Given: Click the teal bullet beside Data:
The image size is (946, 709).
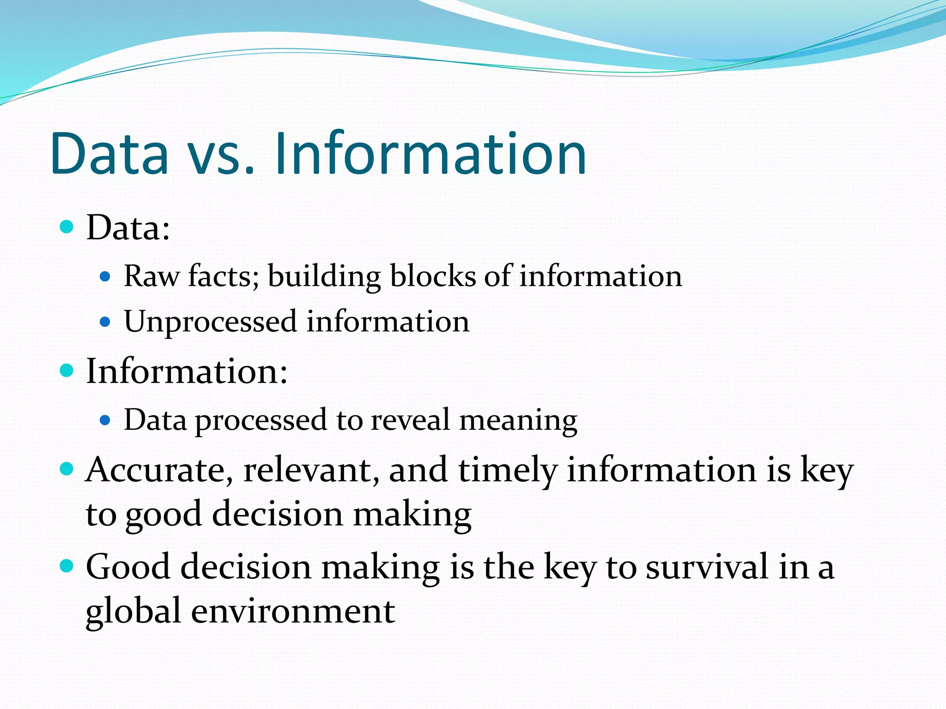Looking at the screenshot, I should pos(67,227).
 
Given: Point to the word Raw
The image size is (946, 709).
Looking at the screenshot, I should pos(152,276).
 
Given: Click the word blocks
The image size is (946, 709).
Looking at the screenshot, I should pos(431,276).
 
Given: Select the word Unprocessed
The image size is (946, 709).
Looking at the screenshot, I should pos(210,322).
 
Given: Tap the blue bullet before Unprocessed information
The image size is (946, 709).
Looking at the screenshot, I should pos(105,321).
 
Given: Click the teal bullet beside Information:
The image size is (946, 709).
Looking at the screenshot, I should pos(67,370).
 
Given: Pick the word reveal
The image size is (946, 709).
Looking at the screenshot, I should pos(410,421).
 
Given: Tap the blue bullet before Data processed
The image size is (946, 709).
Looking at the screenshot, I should pos(105,420).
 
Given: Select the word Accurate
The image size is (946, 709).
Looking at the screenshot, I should pos(159,470).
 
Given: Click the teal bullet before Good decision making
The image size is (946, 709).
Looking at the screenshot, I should pos(67,565).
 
